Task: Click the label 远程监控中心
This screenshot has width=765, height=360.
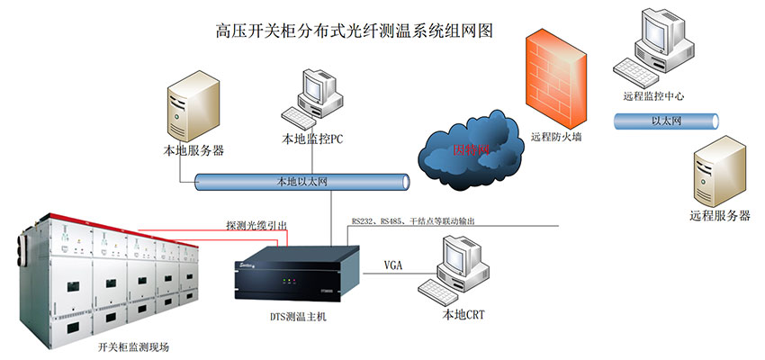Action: coord(654,95)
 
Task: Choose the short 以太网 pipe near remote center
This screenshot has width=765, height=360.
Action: coord(666,119)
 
